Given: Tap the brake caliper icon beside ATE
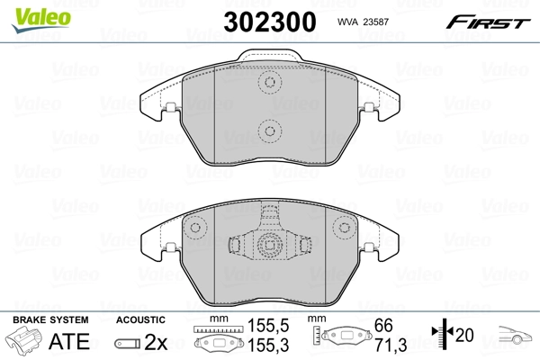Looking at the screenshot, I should [x=26, y=342].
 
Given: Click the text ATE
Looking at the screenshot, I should [x=75, y=342].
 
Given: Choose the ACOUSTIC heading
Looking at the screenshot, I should [x=141, y=320].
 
